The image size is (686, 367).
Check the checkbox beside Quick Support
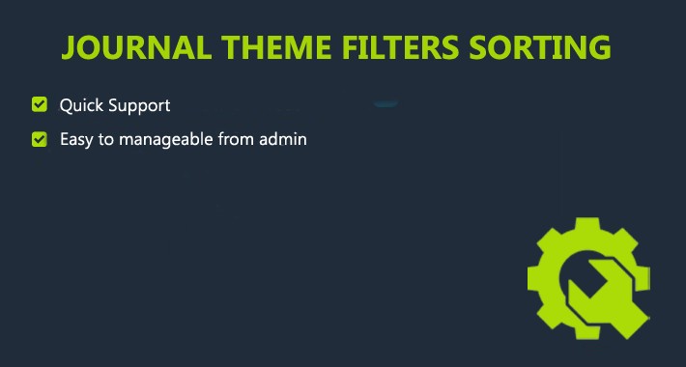point(40,104)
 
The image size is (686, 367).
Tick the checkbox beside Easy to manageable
point(40,139)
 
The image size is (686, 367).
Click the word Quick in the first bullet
point(78,104)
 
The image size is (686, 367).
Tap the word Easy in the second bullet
point(76,139)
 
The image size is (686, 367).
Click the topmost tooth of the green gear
point(586,228)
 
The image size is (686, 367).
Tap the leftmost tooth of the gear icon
point(536,281)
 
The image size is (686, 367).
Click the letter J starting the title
point(69,47)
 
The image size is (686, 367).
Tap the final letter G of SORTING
point(600,47)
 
